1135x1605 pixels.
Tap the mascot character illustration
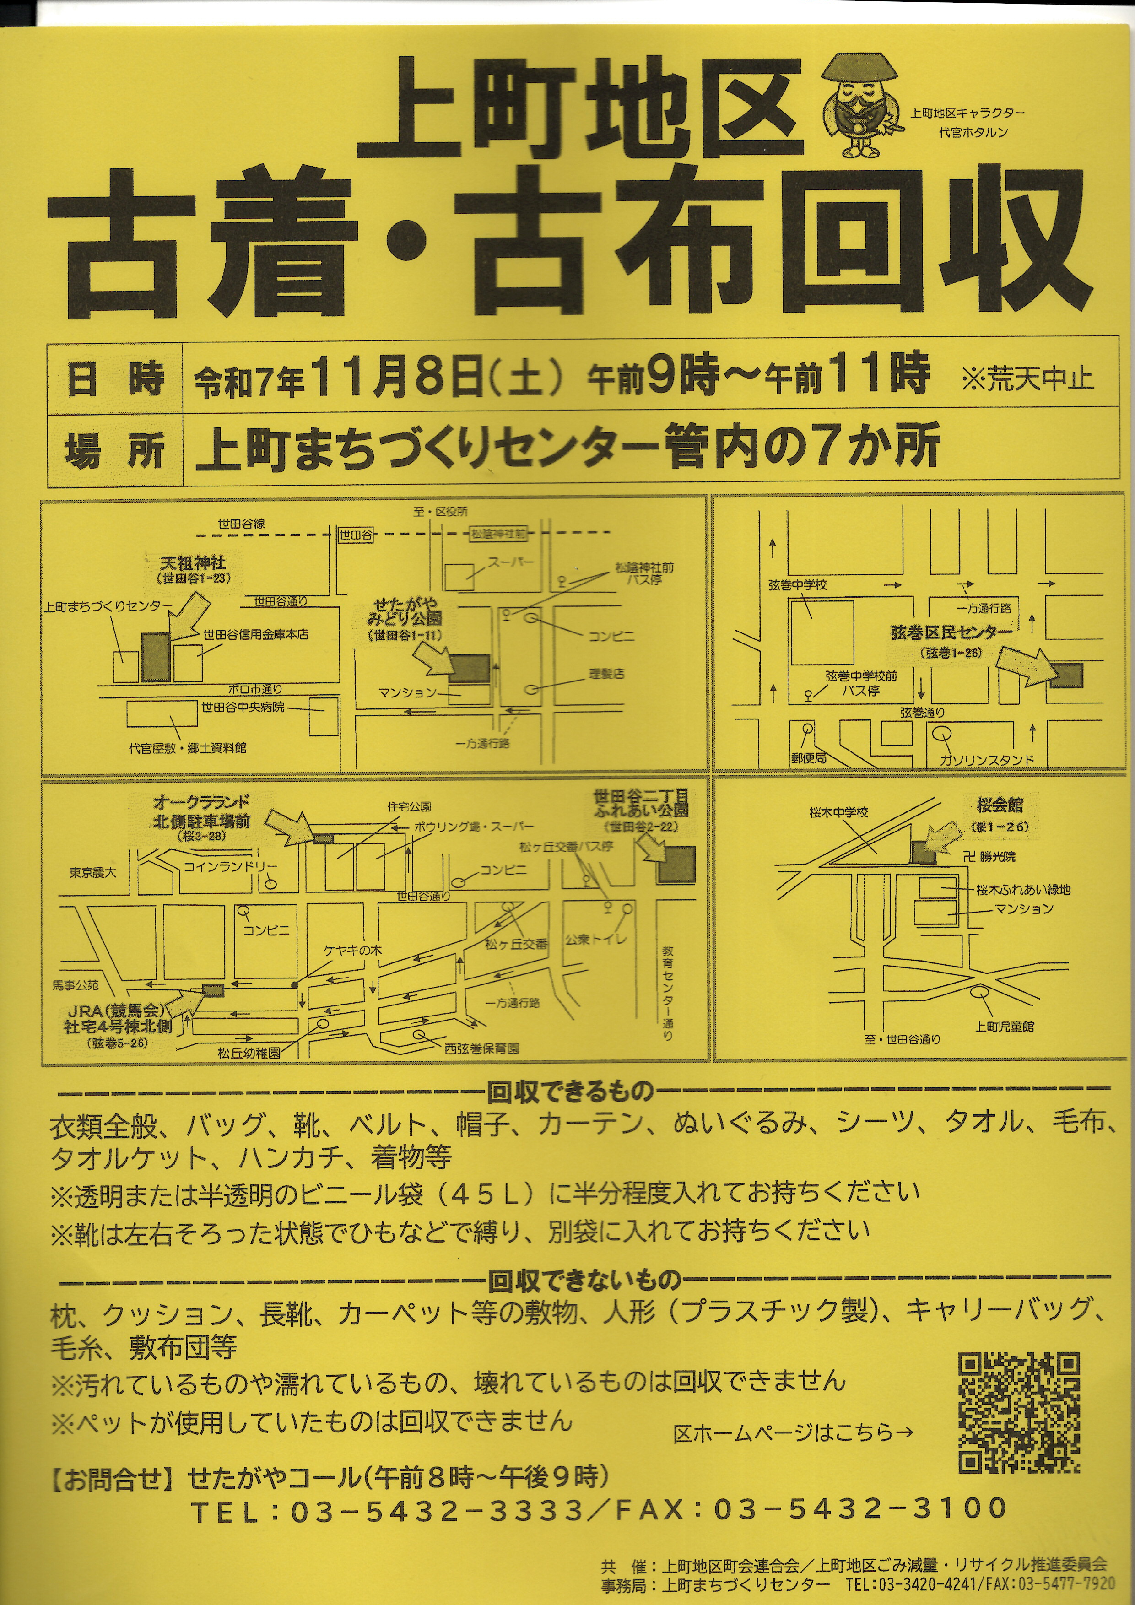pos(858,105)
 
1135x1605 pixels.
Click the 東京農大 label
pos(93,872)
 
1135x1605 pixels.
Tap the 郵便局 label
pos(809,758)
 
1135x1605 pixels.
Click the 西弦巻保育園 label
pos(481,1048)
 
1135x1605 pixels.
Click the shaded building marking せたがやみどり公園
pos(468,669)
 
